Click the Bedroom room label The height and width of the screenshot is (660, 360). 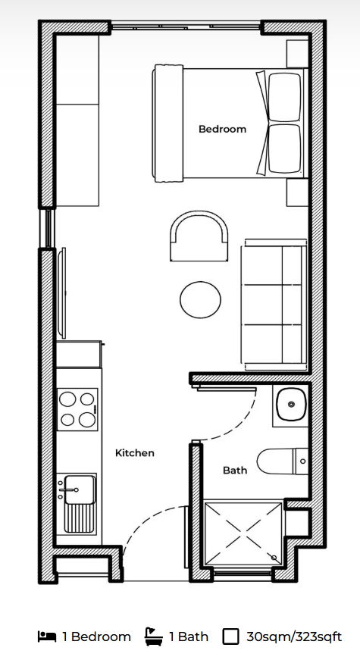[x=222, y=129]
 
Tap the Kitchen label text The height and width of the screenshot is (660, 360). [x=135, y=453]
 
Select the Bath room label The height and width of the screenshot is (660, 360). [x=235, y=470]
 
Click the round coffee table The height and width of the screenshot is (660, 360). [x=200, y=300]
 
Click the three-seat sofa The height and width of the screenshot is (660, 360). [x=274, y=305]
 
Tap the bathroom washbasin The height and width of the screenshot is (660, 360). [x=291, y=404]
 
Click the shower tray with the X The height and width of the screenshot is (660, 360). [x=243, y=533]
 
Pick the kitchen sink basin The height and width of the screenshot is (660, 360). [x=78, y=489]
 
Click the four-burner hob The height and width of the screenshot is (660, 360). [x=77, y=409]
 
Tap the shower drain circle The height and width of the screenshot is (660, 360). [x=274, y=557]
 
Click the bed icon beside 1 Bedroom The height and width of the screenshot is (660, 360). [x=47, y=636]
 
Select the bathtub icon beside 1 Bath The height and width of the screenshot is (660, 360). [x=154, y=636]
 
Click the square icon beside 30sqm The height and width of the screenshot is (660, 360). [x=230, y=637]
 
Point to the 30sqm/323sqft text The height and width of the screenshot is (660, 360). [x=294, y=637]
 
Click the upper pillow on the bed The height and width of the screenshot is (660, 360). [x=285, y=97]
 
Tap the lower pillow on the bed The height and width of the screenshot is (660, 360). [x=285, y=149]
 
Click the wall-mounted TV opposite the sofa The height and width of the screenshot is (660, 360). [x=63, y=293]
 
